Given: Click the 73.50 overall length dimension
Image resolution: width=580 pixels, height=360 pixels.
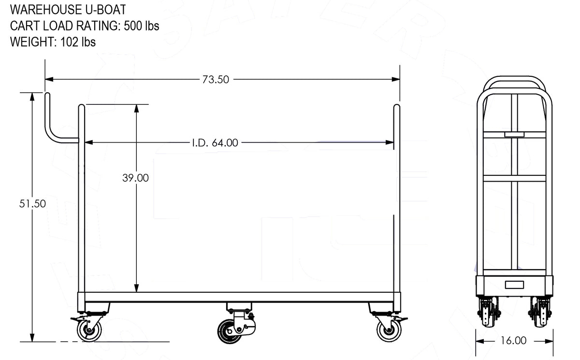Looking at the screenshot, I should pos(216,79).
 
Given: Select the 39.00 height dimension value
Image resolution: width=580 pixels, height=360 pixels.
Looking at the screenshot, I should pos(135,178).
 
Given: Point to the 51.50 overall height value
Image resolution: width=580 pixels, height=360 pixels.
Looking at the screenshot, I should pos(33,204).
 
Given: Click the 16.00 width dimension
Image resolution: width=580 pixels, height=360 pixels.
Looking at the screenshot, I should pos(513,341).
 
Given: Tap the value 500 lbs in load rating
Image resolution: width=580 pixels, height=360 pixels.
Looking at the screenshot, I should pos(141,26).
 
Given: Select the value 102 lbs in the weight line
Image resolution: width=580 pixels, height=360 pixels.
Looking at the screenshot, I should pos(78,42).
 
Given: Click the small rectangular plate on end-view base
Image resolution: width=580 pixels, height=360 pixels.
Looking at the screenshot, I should pos(514,284).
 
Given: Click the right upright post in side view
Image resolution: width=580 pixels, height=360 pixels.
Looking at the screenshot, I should pos(397,203).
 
